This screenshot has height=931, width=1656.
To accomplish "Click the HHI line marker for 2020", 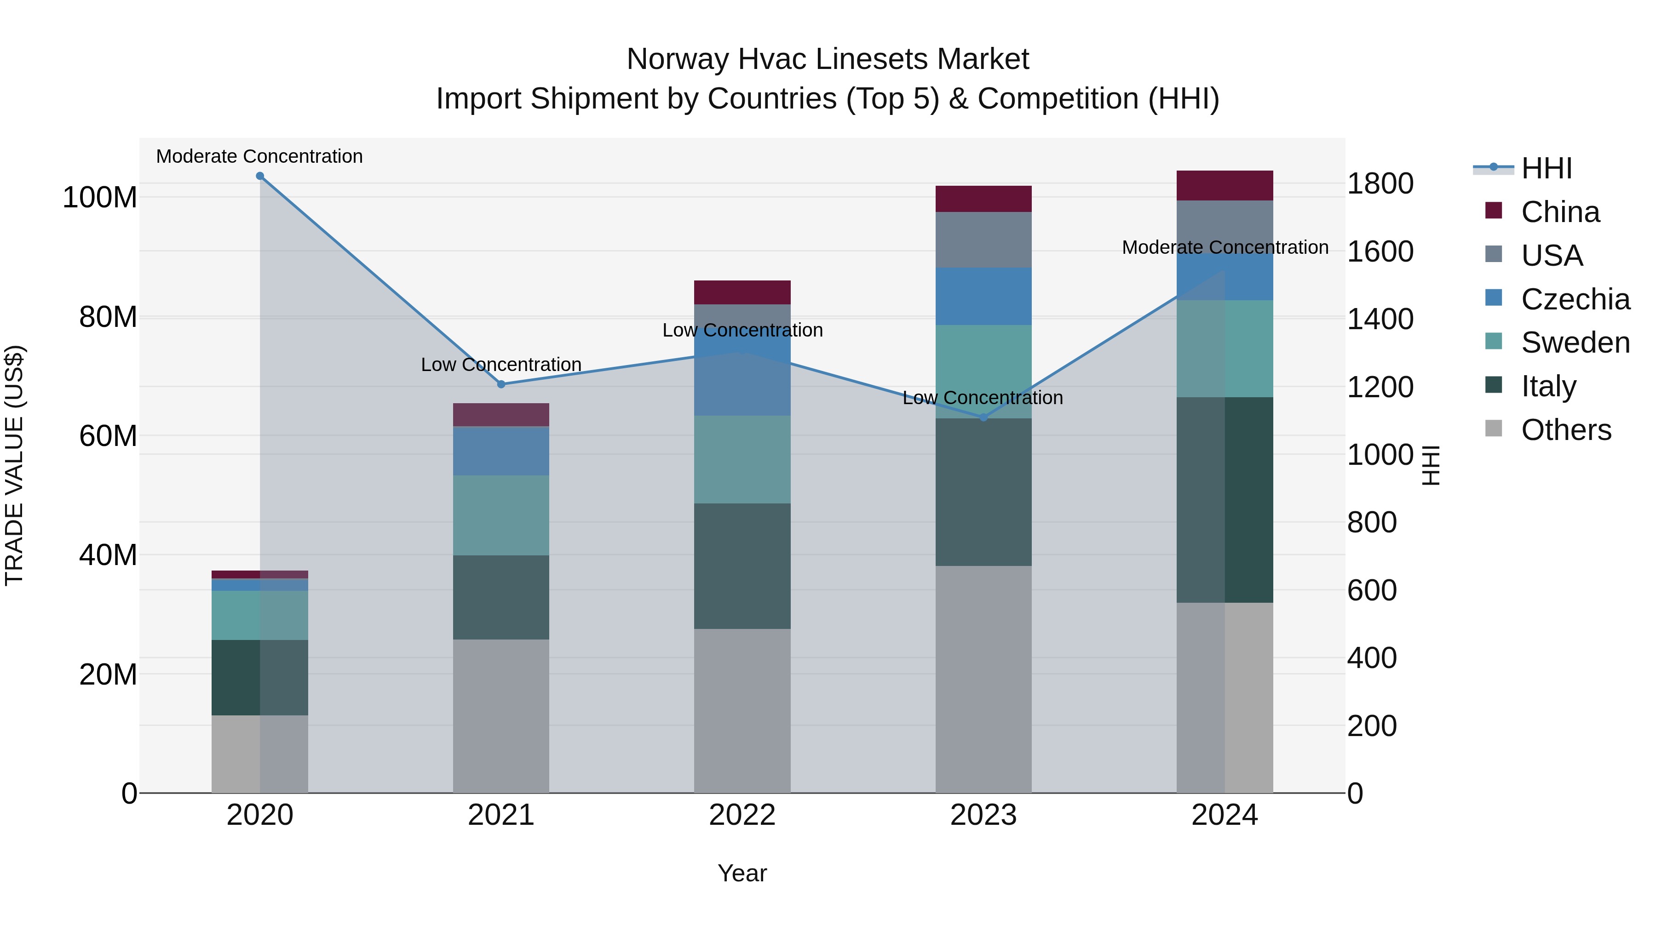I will click(x=260, y=176).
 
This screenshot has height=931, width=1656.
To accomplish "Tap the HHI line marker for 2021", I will click(x=501, y=384).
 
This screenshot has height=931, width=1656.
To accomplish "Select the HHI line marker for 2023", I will click(x=983, y=417).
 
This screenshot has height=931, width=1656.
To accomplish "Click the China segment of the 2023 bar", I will click(x=983, y=199).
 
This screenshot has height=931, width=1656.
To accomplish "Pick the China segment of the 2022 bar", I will click(x=742, y=292).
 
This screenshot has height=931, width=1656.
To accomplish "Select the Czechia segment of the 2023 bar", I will click(x=983, y=296).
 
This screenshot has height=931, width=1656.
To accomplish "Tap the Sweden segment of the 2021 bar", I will click(x=501, y=515).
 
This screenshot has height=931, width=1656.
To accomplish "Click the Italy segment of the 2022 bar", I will click(x=742, y=565).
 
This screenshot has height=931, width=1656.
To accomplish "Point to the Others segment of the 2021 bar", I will click(x=501, y=716).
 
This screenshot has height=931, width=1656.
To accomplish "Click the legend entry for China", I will click(x=1559, y=212).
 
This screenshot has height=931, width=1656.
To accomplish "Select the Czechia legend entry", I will click(x=1575, y=299).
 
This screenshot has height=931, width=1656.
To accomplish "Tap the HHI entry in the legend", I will click(x=1546, y=168).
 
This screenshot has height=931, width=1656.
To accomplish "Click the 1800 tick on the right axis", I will click(x=1380, y=184).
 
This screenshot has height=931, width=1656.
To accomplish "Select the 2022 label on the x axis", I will click(x=742, y=815).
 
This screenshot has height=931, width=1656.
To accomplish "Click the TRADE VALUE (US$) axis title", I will click(x=14, y=465).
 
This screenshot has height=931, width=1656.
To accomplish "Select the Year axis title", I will click(x=742, y=873).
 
